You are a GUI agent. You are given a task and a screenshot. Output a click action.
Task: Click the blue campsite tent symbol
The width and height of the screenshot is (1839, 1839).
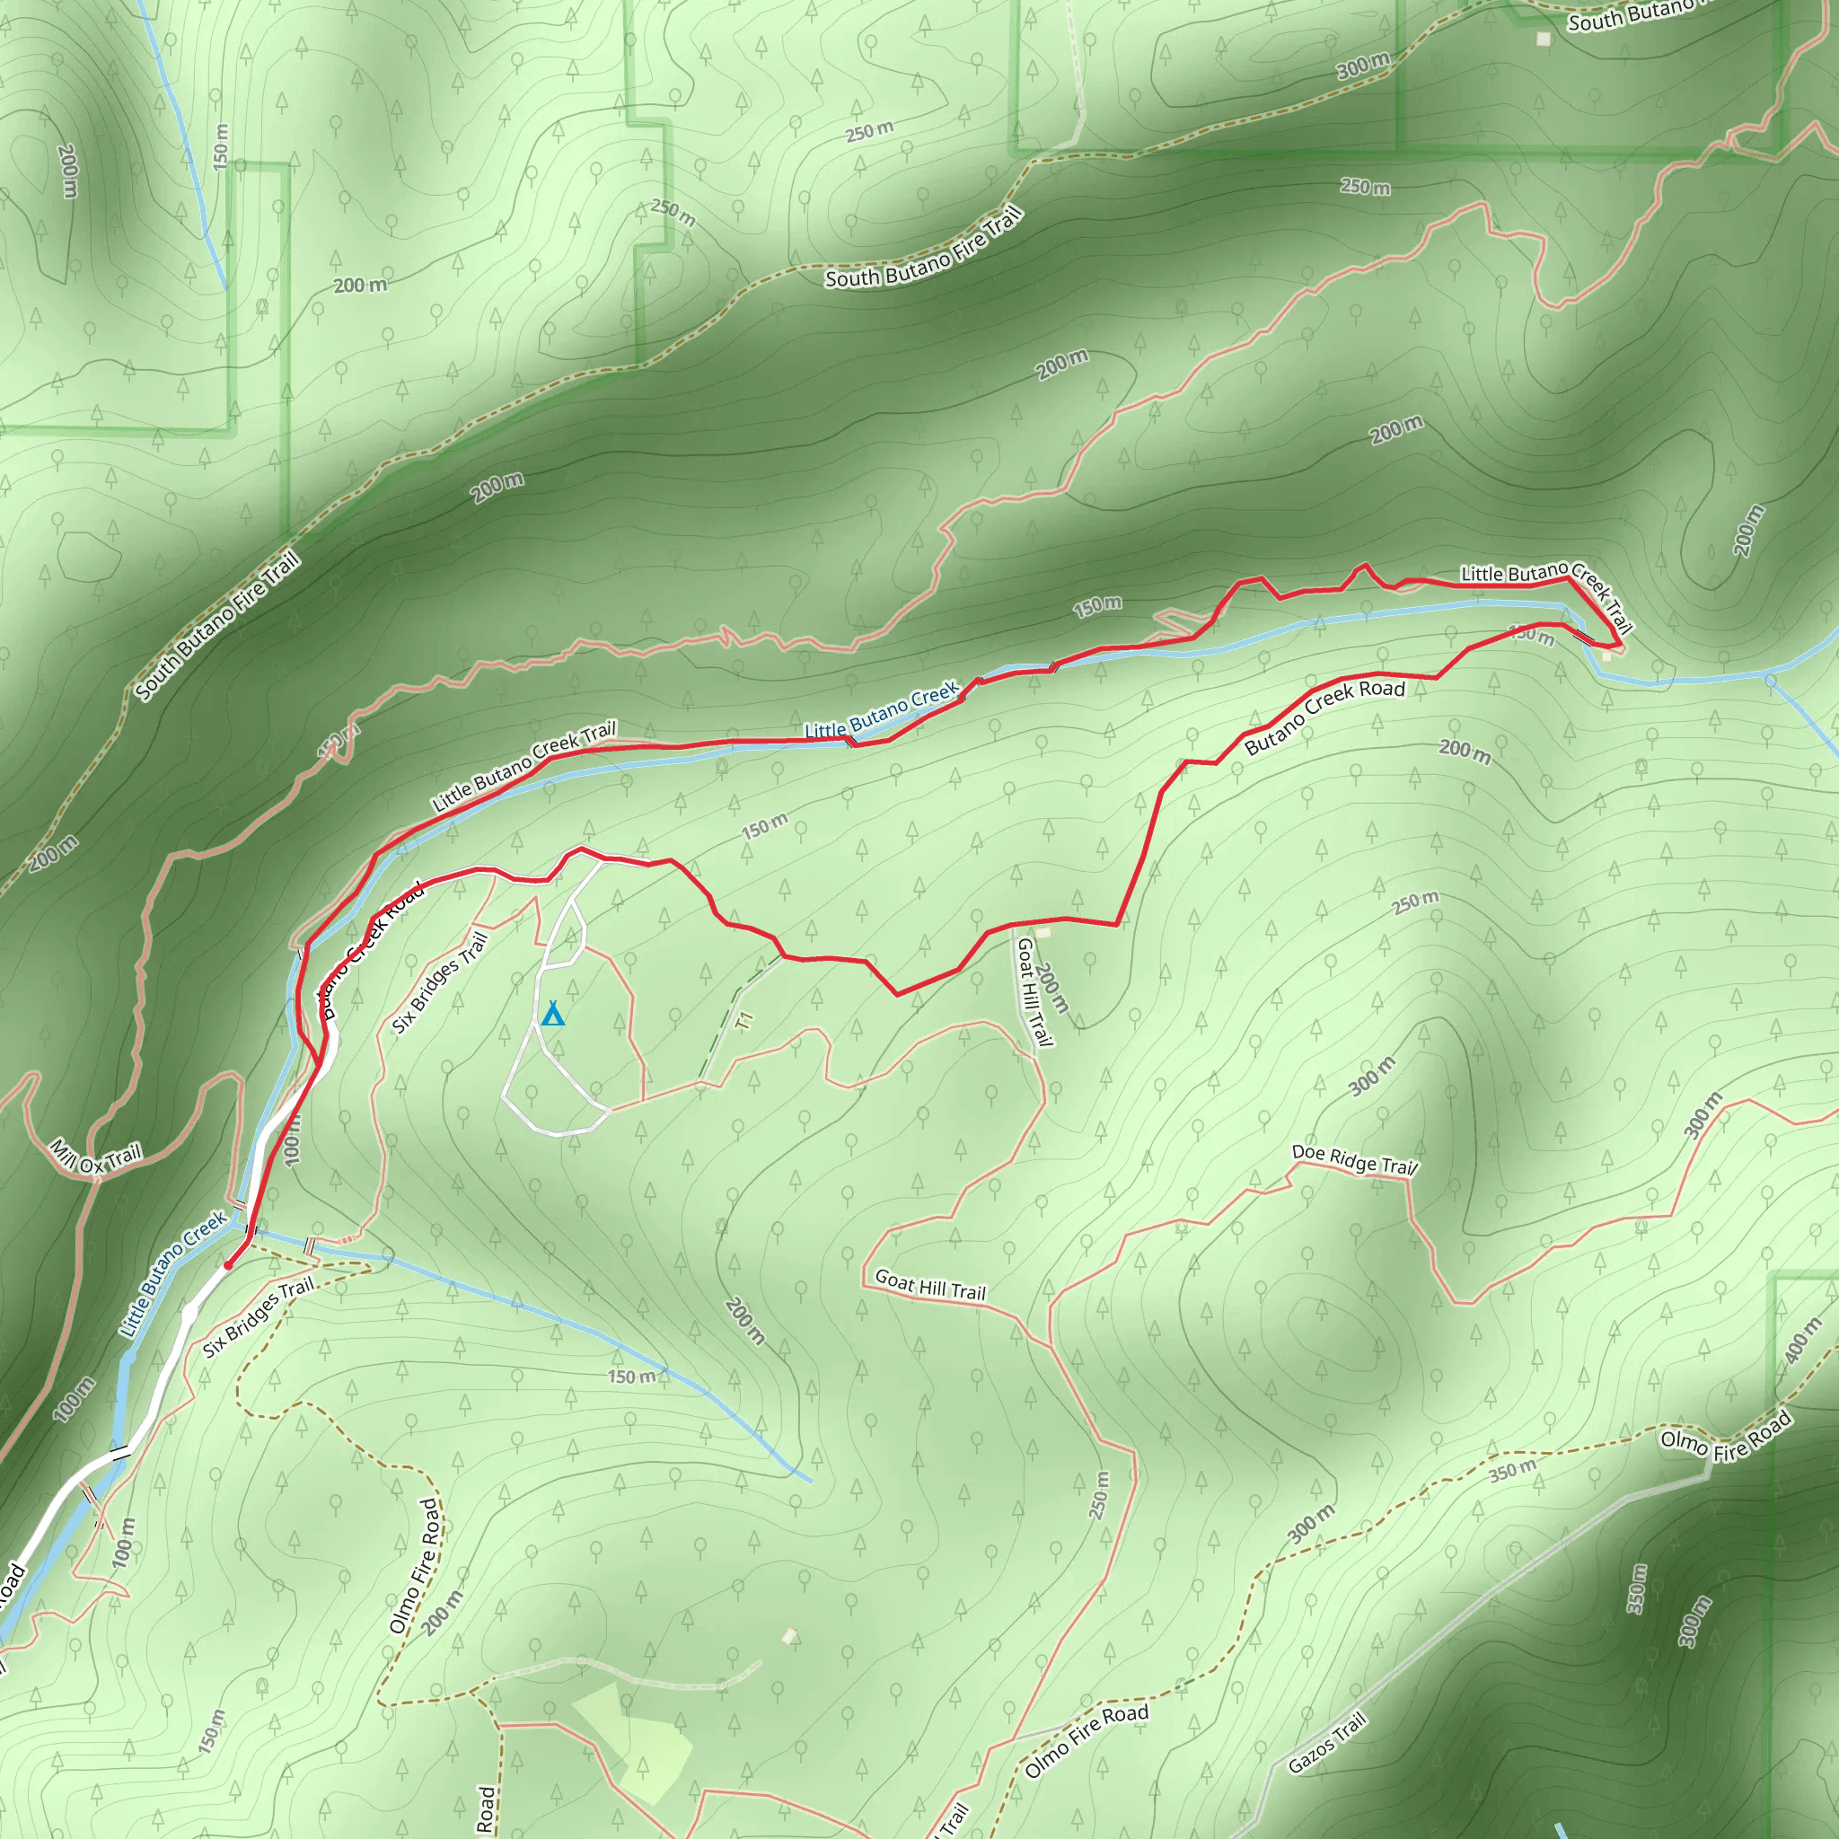(x=552, y=1014)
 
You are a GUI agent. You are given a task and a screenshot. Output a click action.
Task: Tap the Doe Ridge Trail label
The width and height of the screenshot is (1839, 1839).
(x=1353, y=1159)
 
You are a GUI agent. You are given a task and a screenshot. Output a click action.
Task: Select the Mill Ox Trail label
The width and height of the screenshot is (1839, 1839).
(x=95, y=1157)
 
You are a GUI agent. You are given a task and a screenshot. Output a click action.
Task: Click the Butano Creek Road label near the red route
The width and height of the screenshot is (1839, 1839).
(x=1324, y=716)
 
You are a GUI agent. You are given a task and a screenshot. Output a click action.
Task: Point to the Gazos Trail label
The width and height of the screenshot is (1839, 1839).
(x=1327, y=1742)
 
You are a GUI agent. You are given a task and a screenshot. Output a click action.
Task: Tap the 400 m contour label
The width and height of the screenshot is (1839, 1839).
(x=1803, y=1341)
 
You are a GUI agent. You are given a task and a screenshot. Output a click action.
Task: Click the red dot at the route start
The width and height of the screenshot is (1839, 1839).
(x=227, y=1265)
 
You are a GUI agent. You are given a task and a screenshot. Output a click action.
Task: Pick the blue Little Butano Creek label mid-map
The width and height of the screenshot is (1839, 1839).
(x=882, y=710)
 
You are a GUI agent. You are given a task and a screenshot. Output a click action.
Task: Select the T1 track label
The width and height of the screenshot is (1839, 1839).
(x=745, y=1020)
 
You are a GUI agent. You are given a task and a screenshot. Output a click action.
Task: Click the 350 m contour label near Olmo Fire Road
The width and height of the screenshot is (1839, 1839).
(x=1512, y=1470)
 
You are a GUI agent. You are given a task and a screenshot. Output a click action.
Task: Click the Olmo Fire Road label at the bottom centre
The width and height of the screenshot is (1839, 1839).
(x=1087, y=1740)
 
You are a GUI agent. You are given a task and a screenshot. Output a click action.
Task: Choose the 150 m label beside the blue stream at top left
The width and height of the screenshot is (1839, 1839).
(x=221, y=145)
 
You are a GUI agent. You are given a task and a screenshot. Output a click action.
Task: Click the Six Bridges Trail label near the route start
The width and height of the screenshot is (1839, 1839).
(x=258, y=1318)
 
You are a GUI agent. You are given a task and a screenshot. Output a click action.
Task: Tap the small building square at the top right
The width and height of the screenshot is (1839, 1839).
(x=1543, y=39)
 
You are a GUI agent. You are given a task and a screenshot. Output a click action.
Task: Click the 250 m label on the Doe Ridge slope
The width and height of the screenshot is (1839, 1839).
(x=1415, y=902)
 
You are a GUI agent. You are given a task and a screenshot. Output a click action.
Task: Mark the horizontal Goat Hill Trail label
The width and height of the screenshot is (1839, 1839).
(x=930, y=1285)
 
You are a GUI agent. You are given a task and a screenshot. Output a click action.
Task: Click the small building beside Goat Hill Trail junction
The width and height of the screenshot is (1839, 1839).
(x=1043, y=933)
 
